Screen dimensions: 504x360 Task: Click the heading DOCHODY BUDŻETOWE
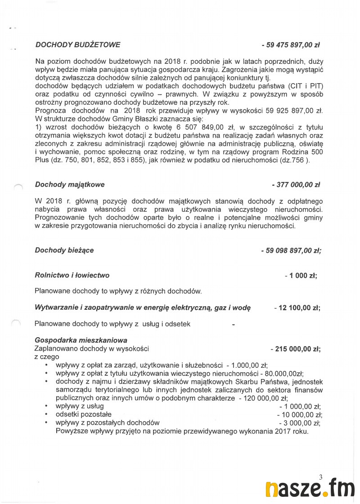pyautogui.click(x=77, y=45)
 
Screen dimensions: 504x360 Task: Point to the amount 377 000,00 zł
pyautogui.click(x=297, y=184)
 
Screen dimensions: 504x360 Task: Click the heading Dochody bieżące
pyautogui.click(x=64, y=250)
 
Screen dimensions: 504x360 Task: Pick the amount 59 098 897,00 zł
pyautogui.click(x=292, y=250)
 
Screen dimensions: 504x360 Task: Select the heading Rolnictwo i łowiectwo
pyautogui.click(x=72, y=275)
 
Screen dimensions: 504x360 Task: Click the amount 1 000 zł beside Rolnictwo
pyautogui.click(x=302, y=276)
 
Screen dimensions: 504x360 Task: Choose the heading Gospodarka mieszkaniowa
pyautogui.click(x=81, y=340)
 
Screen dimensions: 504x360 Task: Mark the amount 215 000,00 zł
pyautogui.click(x=297, y=348)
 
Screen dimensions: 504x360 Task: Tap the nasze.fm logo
pyautogui.click(x=310, y=489)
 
